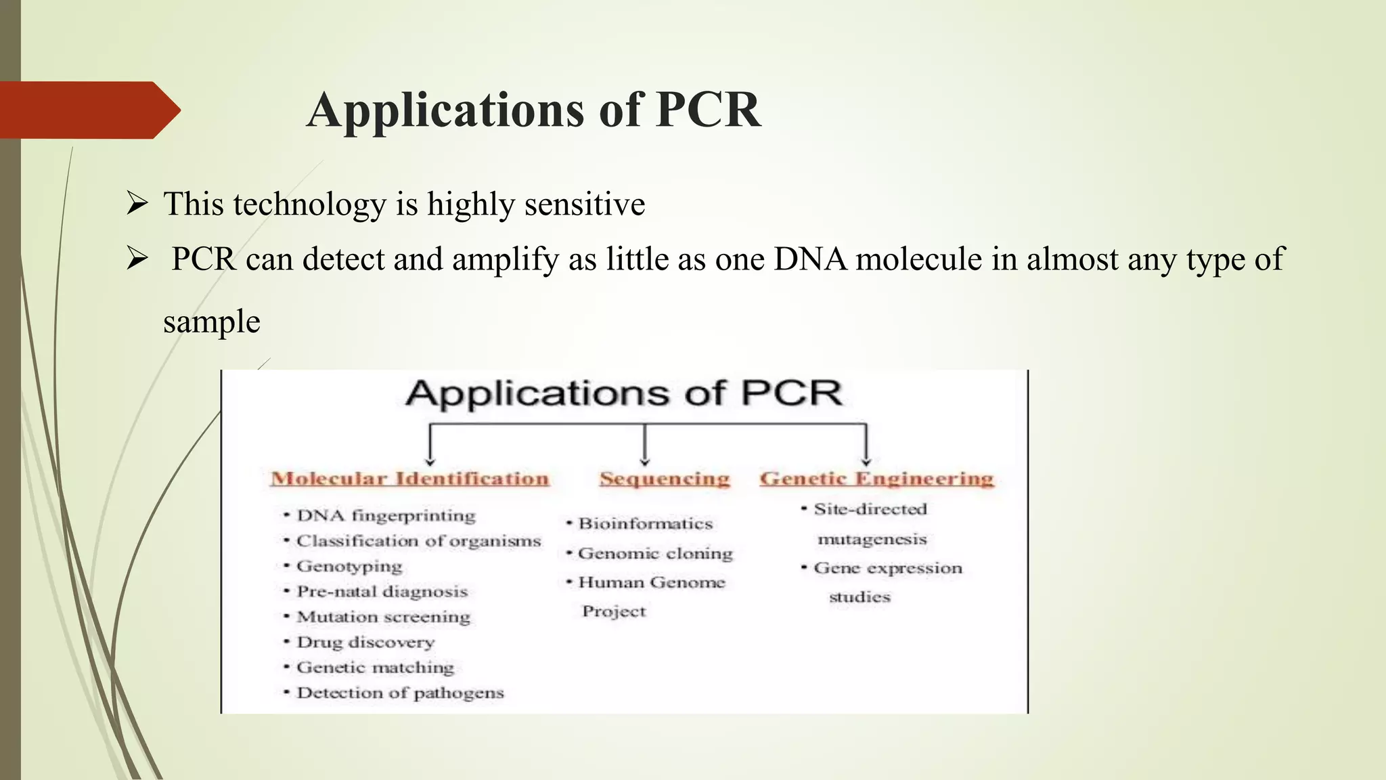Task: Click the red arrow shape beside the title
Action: tap(88, 110)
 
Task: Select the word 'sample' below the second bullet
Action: tap(212, 322)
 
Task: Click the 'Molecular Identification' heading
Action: tap(409, 479)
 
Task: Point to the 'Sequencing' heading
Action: tap(665, 479)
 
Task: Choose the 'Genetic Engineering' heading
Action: tap(876, 479)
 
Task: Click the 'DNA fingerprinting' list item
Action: tap(386, 516)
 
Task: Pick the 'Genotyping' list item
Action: tap(349, 566)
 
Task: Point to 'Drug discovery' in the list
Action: tap(365, 642)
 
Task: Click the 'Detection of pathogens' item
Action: tap(400, 693)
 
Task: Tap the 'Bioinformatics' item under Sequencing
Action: tap(645, 523)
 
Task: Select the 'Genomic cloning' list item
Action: tap(655, 553)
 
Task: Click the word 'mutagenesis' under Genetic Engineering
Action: tap(872, 539)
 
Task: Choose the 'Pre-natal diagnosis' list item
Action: tap(382, 591)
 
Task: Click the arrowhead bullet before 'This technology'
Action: tap(137, 204)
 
